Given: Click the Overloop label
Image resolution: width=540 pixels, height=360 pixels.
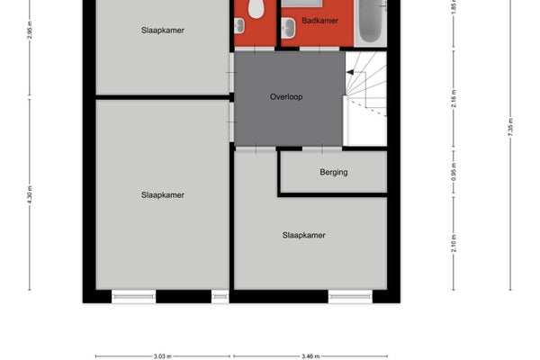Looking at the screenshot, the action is click(x=286, y=97).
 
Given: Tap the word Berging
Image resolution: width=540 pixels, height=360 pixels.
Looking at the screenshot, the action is click(x=333, y=172).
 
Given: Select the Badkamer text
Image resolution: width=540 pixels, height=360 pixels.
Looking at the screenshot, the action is click(x=319, y=21).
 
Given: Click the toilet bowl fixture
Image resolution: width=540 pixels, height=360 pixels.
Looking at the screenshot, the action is click(x=256, y=8).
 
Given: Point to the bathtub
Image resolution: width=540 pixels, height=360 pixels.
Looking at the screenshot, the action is click(x=370, y=21).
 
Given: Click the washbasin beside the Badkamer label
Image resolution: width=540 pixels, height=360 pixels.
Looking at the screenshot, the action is click(x=288, y=28).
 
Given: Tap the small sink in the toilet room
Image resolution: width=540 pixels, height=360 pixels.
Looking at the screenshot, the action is click(x=239, y=26).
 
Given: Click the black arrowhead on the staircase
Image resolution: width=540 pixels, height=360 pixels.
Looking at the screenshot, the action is click(x=350, y=72).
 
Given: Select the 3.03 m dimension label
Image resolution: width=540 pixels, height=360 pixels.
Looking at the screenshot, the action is click(x=163, y=356).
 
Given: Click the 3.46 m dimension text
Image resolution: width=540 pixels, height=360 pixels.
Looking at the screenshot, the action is click(x=310, y=356).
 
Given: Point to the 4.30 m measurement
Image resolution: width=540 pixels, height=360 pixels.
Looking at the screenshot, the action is click(x=30, y=194).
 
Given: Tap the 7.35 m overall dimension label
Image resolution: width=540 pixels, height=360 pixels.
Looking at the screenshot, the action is click(x=510, y=127).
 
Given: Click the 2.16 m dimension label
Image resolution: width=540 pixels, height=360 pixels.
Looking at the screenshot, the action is click(x=454, y=98).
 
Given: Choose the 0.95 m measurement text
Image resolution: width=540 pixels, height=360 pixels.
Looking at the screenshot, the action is click(x=454, y=172).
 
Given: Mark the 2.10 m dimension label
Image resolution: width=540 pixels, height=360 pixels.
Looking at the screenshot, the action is click(x=454, y=243).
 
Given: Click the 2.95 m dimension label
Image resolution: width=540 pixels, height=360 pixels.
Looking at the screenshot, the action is click(x=30, y=30).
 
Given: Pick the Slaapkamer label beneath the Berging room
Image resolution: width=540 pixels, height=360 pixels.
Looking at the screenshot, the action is click(x=304, y=235).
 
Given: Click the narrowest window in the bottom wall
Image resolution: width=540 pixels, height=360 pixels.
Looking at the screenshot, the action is click(x=220, y=297).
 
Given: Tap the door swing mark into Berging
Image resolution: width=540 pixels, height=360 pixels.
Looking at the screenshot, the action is click(x=322, y=148).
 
